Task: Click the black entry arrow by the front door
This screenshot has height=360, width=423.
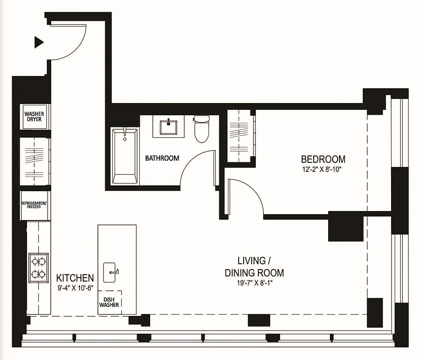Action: (39, 42)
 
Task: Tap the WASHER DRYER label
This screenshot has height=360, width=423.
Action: (33, 117)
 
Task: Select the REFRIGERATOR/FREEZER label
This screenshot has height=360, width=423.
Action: (34, 205)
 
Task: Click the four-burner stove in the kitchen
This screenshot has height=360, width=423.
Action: (38, 267)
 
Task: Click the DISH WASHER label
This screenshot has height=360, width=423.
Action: (109, 301)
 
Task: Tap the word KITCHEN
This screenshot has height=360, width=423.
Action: (75, 278)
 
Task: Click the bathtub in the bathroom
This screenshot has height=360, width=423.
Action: (125, 155)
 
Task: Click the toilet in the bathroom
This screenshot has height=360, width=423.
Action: (202, 128)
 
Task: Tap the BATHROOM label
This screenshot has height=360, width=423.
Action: (162, 158)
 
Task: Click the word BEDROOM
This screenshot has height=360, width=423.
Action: (323, 159)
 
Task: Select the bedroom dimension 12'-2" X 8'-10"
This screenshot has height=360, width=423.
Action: (323, 170)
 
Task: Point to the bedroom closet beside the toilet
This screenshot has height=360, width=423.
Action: (240, 135)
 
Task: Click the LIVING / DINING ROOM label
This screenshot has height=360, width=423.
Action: (254, 266)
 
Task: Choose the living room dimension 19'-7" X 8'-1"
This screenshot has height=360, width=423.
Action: (254, 283)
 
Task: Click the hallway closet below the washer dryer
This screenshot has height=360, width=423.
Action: (34, 160)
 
